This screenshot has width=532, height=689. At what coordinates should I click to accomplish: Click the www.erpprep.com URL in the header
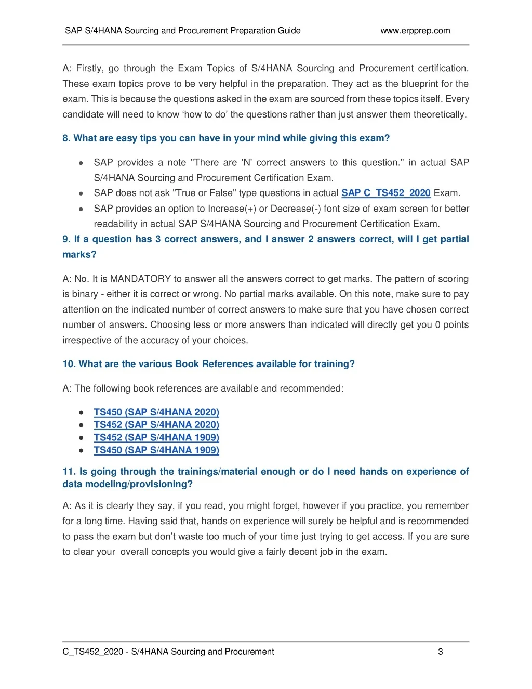pos(415,31)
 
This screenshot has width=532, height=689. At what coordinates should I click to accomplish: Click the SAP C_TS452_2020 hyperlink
pos(385,193)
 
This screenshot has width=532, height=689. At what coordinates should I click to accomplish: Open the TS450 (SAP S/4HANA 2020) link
pos(156,412)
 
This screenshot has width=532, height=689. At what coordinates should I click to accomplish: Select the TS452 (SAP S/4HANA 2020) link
pos(156,425)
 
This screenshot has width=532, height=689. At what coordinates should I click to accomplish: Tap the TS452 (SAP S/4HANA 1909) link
pos(156,437)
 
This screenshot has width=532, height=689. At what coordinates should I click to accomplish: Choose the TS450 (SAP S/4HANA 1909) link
pos(156,450)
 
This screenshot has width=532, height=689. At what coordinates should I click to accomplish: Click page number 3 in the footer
pos(441,652)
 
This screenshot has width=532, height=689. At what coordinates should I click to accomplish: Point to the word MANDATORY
pos(140,279)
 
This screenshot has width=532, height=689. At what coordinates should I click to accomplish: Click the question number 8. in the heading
pos(66,138)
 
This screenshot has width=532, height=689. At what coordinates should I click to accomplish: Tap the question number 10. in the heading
pos(69,364)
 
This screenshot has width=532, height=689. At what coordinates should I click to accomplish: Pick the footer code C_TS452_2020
pos(92,652)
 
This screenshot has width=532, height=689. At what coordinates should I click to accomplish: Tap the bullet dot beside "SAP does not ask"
pos(81,193)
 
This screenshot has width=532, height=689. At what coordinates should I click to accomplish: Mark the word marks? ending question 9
pos(79,255)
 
